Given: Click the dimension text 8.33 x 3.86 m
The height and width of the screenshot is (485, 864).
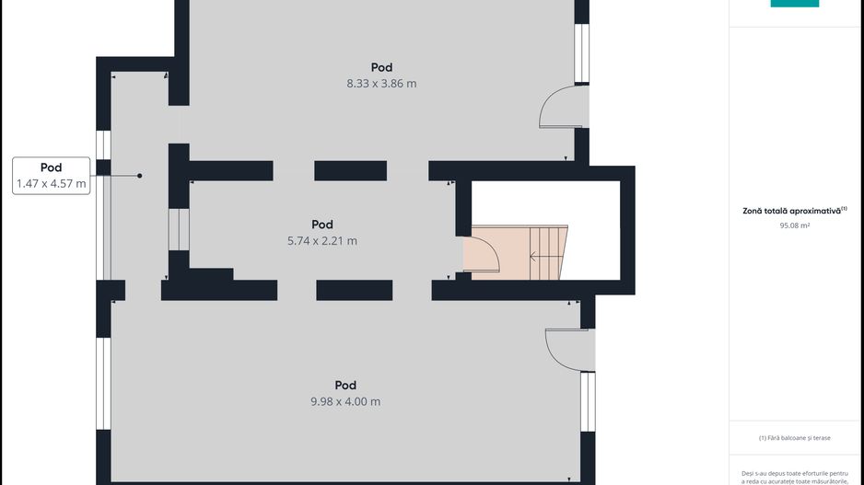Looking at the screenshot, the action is tap(381, 84).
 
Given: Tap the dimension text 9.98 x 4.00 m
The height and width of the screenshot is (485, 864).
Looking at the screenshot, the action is tap(345, 402).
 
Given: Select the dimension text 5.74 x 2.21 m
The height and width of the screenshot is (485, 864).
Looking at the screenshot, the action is tap(322, 241).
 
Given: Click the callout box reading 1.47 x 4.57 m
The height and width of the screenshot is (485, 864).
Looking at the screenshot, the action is tap(52, 176).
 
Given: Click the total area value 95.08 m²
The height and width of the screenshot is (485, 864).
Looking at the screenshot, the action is tap(795, 225).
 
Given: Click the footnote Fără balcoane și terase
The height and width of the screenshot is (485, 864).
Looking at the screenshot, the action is tap(795, 438).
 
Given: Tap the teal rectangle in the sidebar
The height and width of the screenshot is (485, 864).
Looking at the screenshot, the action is tap(795, 4).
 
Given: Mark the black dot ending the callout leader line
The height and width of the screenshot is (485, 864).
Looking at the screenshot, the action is tap(140, 176).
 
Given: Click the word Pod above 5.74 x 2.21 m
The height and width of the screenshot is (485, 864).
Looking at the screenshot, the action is tap(322, 225).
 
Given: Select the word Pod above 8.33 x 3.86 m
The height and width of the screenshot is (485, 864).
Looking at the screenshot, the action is tap(381, 68).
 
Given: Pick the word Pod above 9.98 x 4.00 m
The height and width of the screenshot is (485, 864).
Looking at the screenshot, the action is tap(345, 386).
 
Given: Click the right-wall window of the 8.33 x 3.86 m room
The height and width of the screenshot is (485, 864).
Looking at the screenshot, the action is tap(582, 53).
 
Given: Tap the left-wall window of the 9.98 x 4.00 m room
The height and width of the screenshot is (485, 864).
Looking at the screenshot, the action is tap(103, 384).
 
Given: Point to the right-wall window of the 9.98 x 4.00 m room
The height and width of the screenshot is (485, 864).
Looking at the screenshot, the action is tap(588, 402).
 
